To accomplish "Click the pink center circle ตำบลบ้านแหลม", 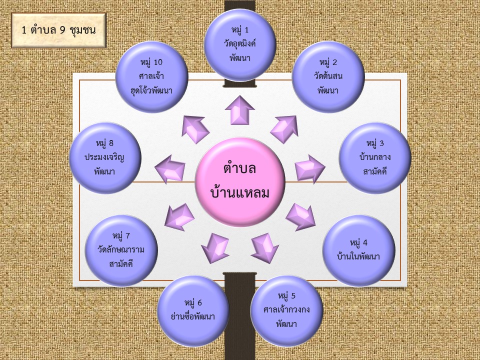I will point(240,181).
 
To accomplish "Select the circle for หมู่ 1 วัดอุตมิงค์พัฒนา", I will point(240,45).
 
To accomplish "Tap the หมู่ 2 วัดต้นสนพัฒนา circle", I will point(327,76).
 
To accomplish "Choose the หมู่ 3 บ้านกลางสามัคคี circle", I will point(375,158).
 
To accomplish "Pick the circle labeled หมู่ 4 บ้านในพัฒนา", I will point(358,250).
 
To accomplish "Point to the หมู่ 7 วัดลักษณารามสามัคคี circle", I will point(121,250).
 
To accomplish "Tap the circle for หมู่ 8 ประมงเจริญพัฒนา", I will point(105,158).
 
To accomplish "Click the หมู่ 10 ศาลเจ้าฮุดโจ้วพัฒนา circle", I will point(151,76).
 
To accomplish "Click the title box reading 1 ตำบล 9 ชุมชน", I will point(59,29).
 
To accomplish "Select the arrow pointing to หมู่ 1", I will point(240,110).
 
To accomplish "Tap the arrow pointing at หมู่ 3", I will point(309,168).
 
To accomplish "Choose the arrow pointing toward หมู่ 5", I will point(265,247).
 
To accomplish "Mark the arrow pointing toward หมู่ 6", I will point(215,247).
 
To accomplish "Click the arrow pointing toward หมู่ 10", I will point(195,129).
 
